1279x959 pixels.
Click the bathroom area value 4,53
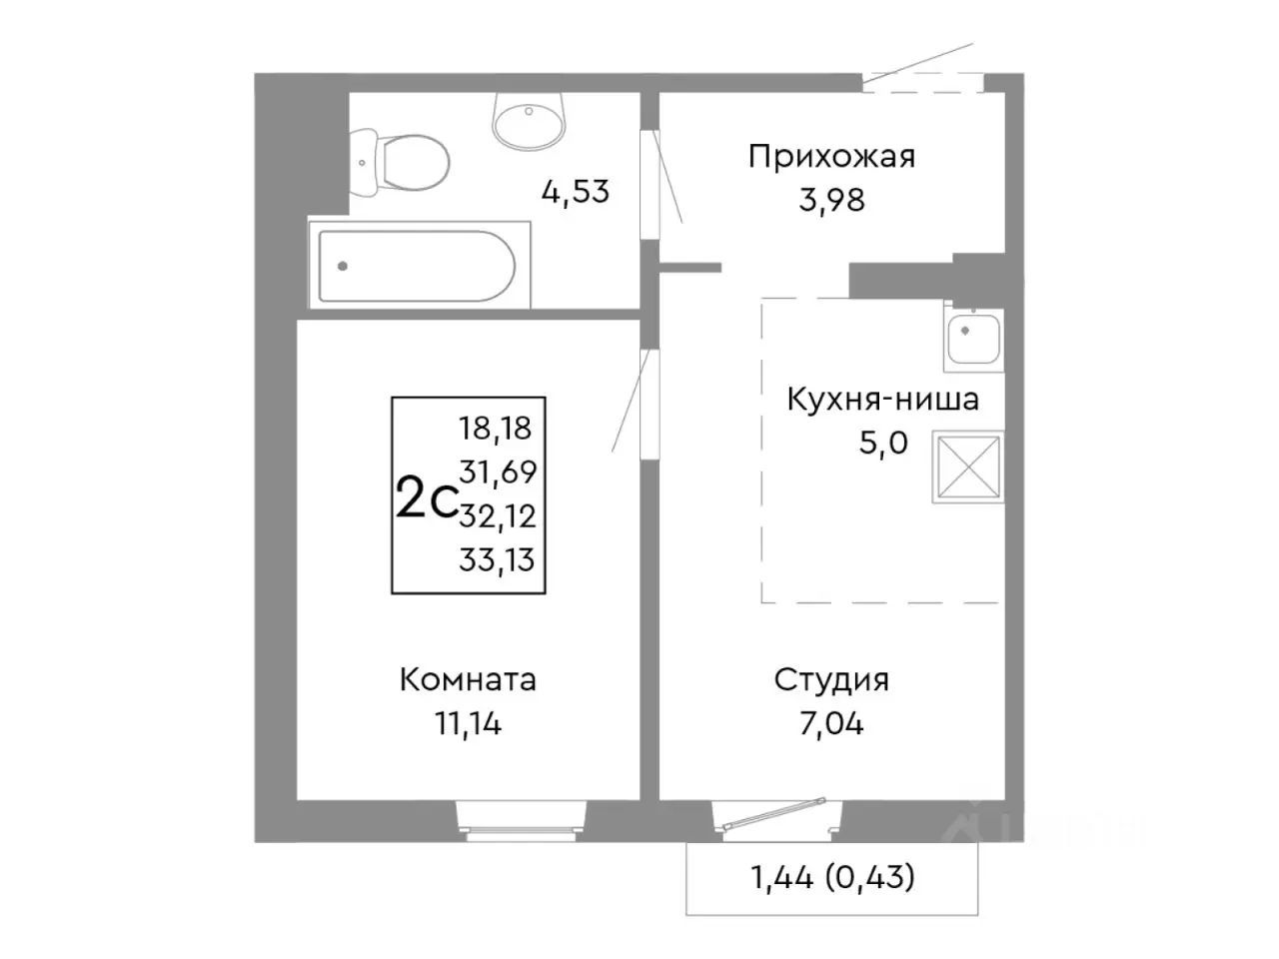click(575, 191)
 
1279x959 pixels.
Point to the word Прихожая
click(831, 157)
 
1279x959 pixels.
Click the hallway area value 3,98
click(831, 201)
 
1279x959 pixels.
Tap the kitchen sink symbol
click(971, 338)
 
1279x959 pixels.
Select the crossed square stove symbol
click(967, 467)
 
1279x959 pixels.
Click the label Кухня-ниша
click(882, 400)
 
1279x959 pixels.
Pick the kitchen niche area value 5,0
click(882, 443)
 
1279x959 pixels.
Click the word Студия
click(831, 680)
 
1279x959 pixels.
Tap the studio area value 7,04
click(831, 723)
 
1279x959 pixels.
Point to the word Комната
click(468, 680)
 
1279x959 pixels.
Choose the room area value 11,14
click(468, 723)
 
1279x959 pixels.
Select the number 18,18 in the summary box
click(496, 429)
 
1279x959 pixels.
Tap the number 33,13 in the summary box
click(497, 559)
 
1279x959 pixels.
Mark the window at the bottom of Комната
click(519, 815)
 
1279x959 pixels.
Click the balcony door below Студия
click(776, 814)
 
